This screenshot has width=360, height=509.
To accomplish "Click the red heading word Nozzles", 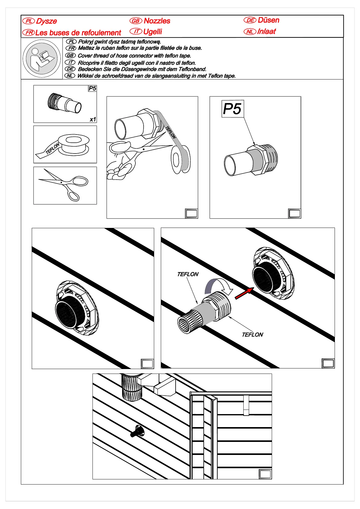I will coord(157,21).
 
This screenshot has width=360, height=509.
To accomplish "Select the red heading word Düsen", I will coord(268,20).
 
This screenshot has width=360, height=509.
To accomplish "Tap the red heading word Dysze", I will coord(46,21).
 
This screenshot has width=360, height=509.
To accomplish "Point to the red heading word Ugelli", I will coord(153,32).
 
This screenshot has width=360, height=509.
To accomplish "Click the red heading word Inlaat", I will coord(266,31).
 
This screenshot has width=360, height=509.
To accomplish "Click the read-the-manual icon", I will coord(41,59).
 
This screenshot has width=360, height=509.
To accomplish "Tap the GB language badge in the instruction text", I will coord(70,56).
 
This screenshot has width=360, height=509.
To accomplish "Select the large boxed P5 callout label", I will coord(232,109).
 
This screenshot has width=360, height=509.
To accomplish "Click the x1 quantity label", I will coord(93,119).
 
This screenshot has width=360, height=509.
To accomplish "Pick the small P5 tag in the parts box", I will coord(92,88).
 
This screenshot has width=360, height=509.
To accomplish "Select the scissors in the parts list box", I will coord(64,184).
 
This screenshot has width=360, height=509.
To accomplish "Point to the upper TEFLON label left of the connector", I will coord(188,274).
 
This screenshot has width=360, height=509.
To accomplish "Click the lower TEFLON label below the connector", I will coord(252,335).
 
